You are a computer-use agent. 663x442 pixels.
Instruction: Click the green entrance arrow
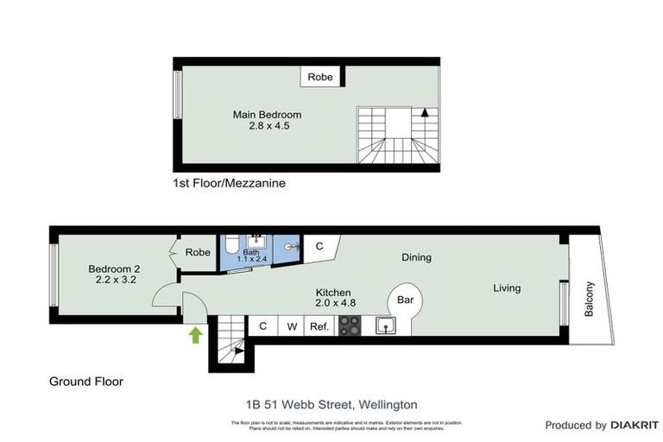(x=196, y=334)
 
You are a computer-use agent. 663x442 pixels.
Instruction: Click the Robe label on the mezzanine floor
(x=320, y=77)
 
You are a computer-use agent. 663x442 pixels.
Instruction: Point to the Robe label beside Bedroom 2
(x=198, y=253)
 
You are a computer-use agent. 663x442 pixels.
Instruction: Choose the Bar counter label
(x=404, y=300)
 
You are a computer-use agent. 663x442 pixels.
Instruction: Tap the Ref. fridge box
(x=319, y=326)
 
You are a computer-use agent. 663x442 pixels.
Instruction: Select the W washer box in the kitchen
(x=292, y=326)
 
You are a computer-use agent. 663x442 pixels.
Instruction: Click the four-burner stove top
(x=349, y=325)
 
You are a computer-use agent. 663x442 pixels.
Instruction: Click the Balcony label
(x=590, y=298)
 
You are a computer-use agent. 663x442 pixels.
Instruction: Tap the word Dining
(x=416, y=257)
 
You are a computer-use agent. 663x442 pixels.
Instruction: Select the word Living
(x=507, y=287)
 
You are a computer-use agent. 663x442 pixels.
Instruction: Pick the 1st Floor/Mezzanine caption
(x=229, y=184)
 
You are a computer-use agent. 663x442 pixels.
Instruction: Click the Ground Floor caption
(x=85, y=381)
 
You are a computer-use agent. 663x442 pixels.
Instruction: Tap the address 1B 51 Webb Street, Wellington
(x=331, y=404)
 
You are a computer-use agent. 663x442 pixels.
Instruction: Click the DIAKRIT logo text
(x=635, y=425)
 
